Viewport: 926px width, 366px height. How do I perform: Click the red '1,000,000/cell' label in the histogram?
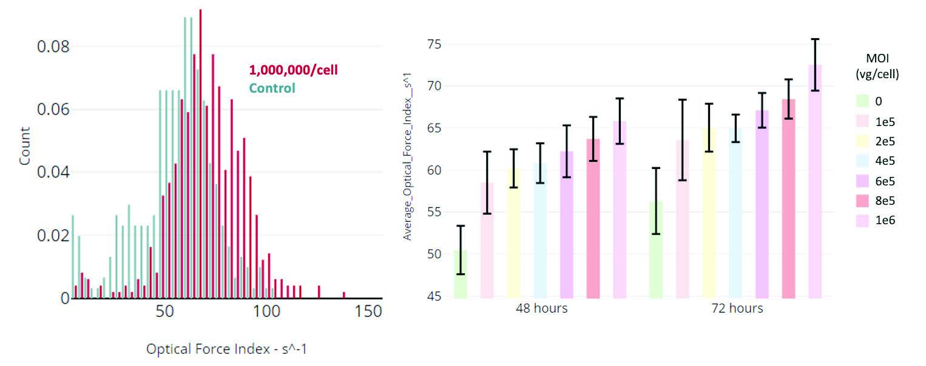(293, 70)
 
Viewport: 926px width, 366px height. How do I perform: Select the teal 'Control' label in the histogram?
(272, 88)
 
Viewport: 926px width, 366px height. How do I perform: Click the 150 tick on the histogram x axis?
(368, 311)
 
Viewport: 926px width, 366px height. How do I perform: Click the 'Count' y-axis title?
(25, 146)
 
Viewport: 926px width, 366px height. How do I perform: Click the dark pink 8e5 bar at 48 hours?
(593, 218)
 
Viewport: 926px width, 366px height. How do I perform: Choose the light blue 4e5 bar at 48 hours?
(540, 230)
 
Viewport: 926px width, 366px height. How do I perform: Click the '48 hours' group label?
(542, 309)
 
